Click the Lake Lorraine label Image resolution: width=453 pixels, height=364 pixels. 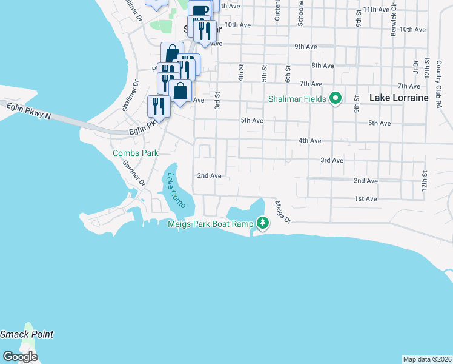(398, 98)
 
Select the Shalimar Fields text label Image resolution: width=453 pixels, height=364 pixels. (298, 99)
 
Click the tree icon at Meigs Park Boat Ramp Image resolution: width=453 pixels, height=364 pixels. (262, 223)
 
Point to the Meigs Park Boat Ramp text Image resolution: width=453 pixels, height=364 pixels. (210, 224)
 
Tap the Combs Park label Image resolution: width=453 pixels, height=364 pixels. (135, 153)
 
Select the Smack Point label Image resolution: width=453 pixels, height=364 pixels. (27, 334)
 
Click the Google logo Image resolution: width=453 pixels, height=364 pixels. (20, 357)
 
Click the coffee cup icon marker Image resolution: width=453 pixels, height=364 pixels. (199, 10)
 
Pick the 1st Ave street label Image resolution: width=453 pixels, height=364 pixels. (366, 198)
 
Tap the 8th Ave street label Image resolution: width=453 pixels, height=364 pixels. (322, 66)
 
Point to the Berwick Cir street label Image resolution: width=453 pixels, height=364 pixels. (394, 22)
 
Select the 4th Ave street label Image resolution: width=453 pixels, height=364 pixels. (309, 140)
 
